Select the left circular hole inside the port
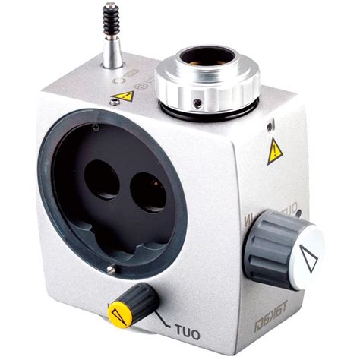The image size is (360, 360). click(102, 180)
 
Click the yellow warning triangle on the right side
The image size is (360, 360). click(274, 152)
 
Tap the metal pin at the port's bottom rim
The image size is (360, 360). click(112, 269)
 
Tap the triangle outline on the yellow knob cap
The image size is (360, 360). click(118, 311)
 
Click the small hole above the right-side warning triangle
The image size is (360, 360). click(270, 124)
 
